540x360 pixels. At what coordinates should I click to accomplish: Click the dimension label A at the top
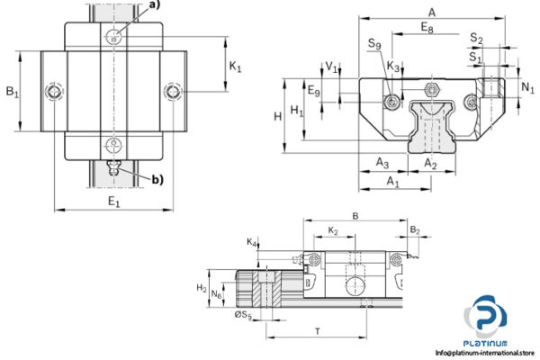[x=432, y=12]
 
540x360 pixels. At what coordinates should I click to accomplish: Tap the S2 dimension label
[x=477, y=40]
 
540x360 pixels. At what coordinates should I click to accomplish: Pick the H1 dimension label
[x=297, y=110]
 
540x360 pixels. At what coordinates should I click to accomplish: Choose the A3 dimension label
[x=382, y=163]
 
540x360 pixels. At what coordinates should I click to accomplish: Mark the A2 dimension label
[x=430, y=163]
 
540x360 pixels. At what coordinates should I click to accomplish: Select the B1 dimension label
[x=12, y=91]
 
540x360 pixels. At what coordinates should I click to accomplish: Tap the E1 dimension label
[x=113, y=202]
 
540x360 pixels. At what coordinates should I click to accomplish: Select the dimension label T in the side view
[x=317, y=331]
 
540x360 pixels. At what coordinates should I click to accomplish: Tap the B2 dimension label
[x=414, y=231]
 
